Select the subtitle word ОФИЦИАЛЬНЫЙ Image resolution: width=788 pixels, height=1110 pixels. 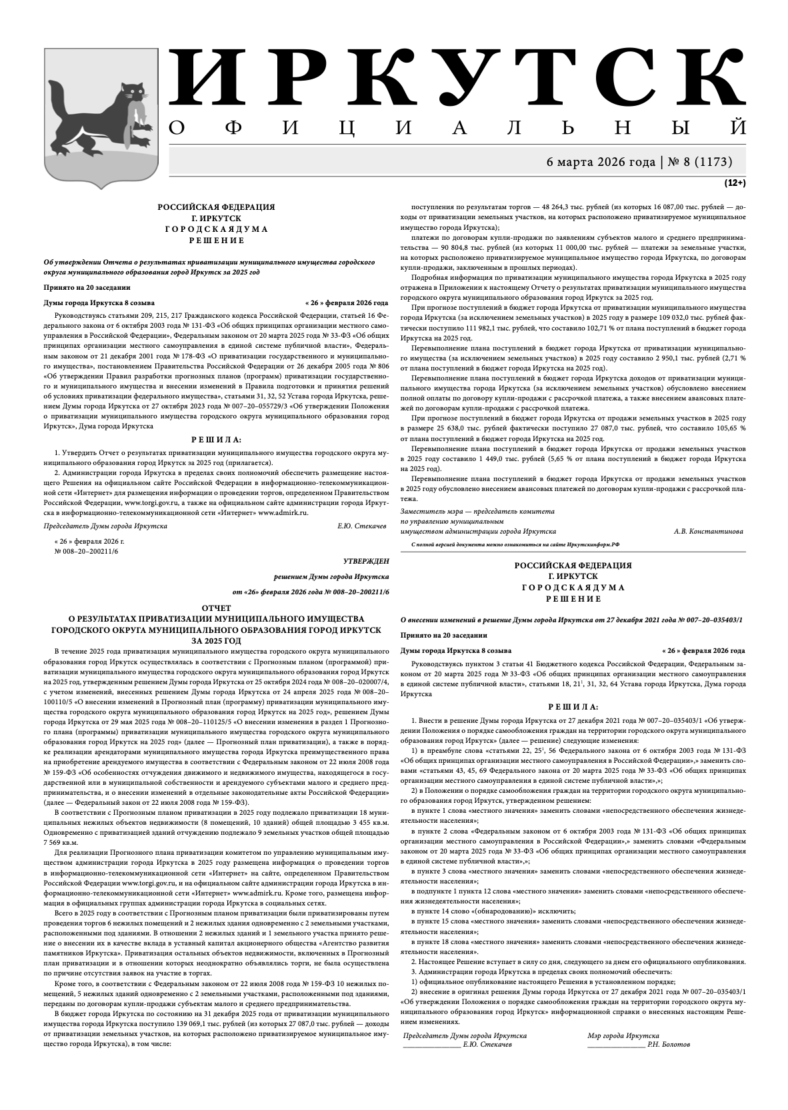tap(457, 127)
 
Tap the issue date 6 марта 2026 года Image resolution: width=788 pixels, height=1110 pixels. tap(601, 161)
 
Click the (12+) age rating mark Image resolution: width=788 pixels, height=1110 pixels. tap(735, 182)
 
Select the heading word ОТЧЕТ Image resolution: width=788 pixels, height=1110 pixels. tap(216, 608)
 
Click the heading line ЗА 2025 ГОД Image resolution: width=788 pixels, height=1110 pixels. tap(216, 640)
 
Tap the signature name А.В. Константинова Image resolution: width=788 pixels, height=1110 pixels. tap(708, 531)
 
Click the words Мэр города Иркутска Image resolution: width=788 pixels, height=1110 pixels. tap(623, 1035)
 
